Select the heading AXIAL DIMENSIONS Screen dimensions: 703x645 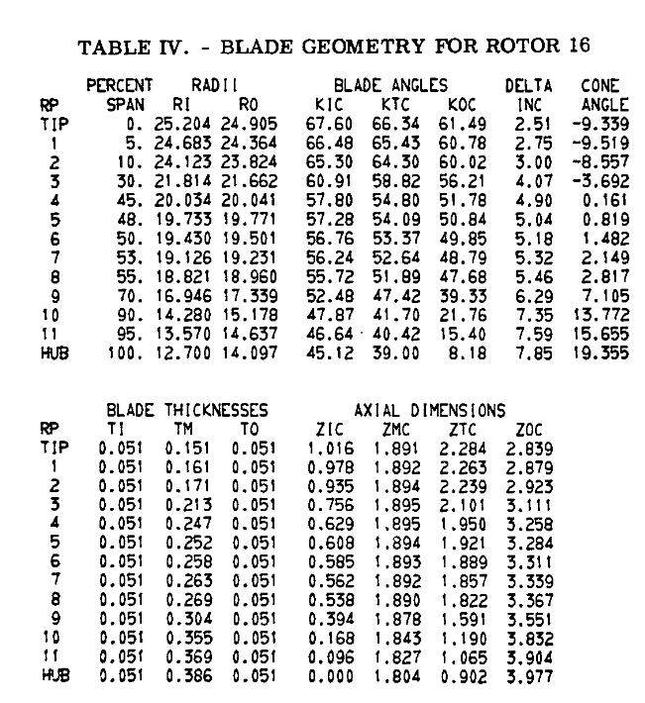coord(431,409)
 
